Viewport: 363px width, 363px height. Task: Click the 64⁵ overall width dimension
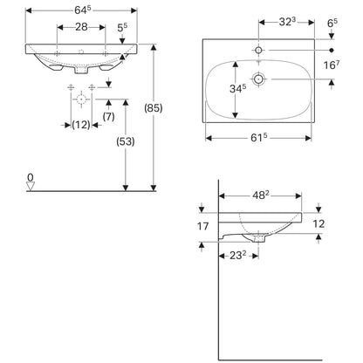click(x=83, y=10)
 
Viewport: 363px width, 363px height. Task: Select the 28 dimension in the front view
click(x=81, y=27)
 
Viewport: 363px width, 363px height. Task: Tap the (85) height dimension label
click(x=154, y=108)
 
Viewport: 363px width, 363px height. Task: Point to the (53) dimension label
click(x=126, y=141)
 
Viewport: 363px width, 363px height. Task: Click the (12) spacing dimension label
click(x=81, y=125)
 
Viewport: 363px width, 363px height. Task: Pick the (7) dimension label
click(x=108, y=117)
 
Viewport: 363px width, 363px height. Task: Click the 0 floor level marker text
click(x=31, y=177)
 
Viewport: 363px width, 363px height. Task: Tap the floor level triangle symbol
click(x=31, y=186)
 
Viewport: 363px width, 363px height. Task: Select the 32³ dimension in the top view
click(x=287, y=22)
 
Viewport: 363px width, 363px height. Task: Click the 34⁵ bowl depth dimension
click(x=238, y=89)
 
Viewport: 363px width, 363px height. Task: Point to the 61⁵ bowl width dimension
click(x=259, y=138)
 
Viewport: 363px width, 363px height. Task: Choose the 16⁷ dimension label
click(x=332, y=65)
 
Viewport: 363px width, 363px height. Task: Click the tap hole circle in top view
click(x=258, y=51)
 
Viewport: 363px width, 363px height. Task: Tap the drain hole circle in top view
click(x=258, y=79)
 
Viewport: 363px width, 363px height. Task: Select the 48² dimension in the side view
click(x=260, y=195)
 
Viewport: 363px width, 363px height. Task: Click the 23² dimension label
click(x=238, y=256)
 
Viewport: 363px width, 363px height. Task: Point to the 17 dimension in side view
click(x=203, y=226)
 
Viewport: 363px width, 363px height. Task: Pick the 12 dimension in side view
click(x=318, y=224)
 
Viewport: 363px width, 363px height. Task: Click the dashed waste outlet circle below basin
click(x=81, y=99)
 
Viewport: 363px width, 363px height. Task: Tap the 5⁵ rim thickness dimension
click(x=122, y=28)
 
